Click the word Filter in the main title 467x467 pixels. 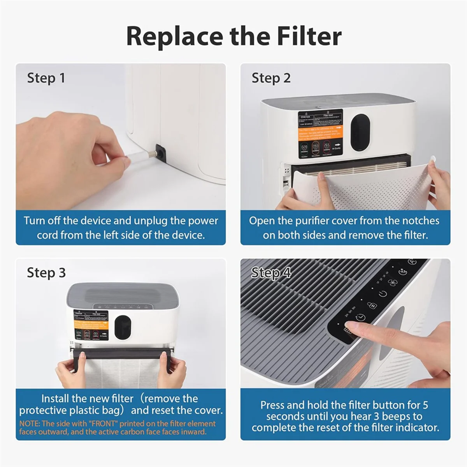coord(309,36)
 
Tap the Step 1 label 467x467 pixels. coord(46,78)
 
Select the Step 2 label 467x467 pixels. coord(271,78)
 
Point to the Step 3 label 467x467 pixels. coord(46,272)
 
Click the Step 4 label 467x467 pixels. coord(271,272)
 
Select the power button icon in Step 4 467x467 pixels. coord(383,293)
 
